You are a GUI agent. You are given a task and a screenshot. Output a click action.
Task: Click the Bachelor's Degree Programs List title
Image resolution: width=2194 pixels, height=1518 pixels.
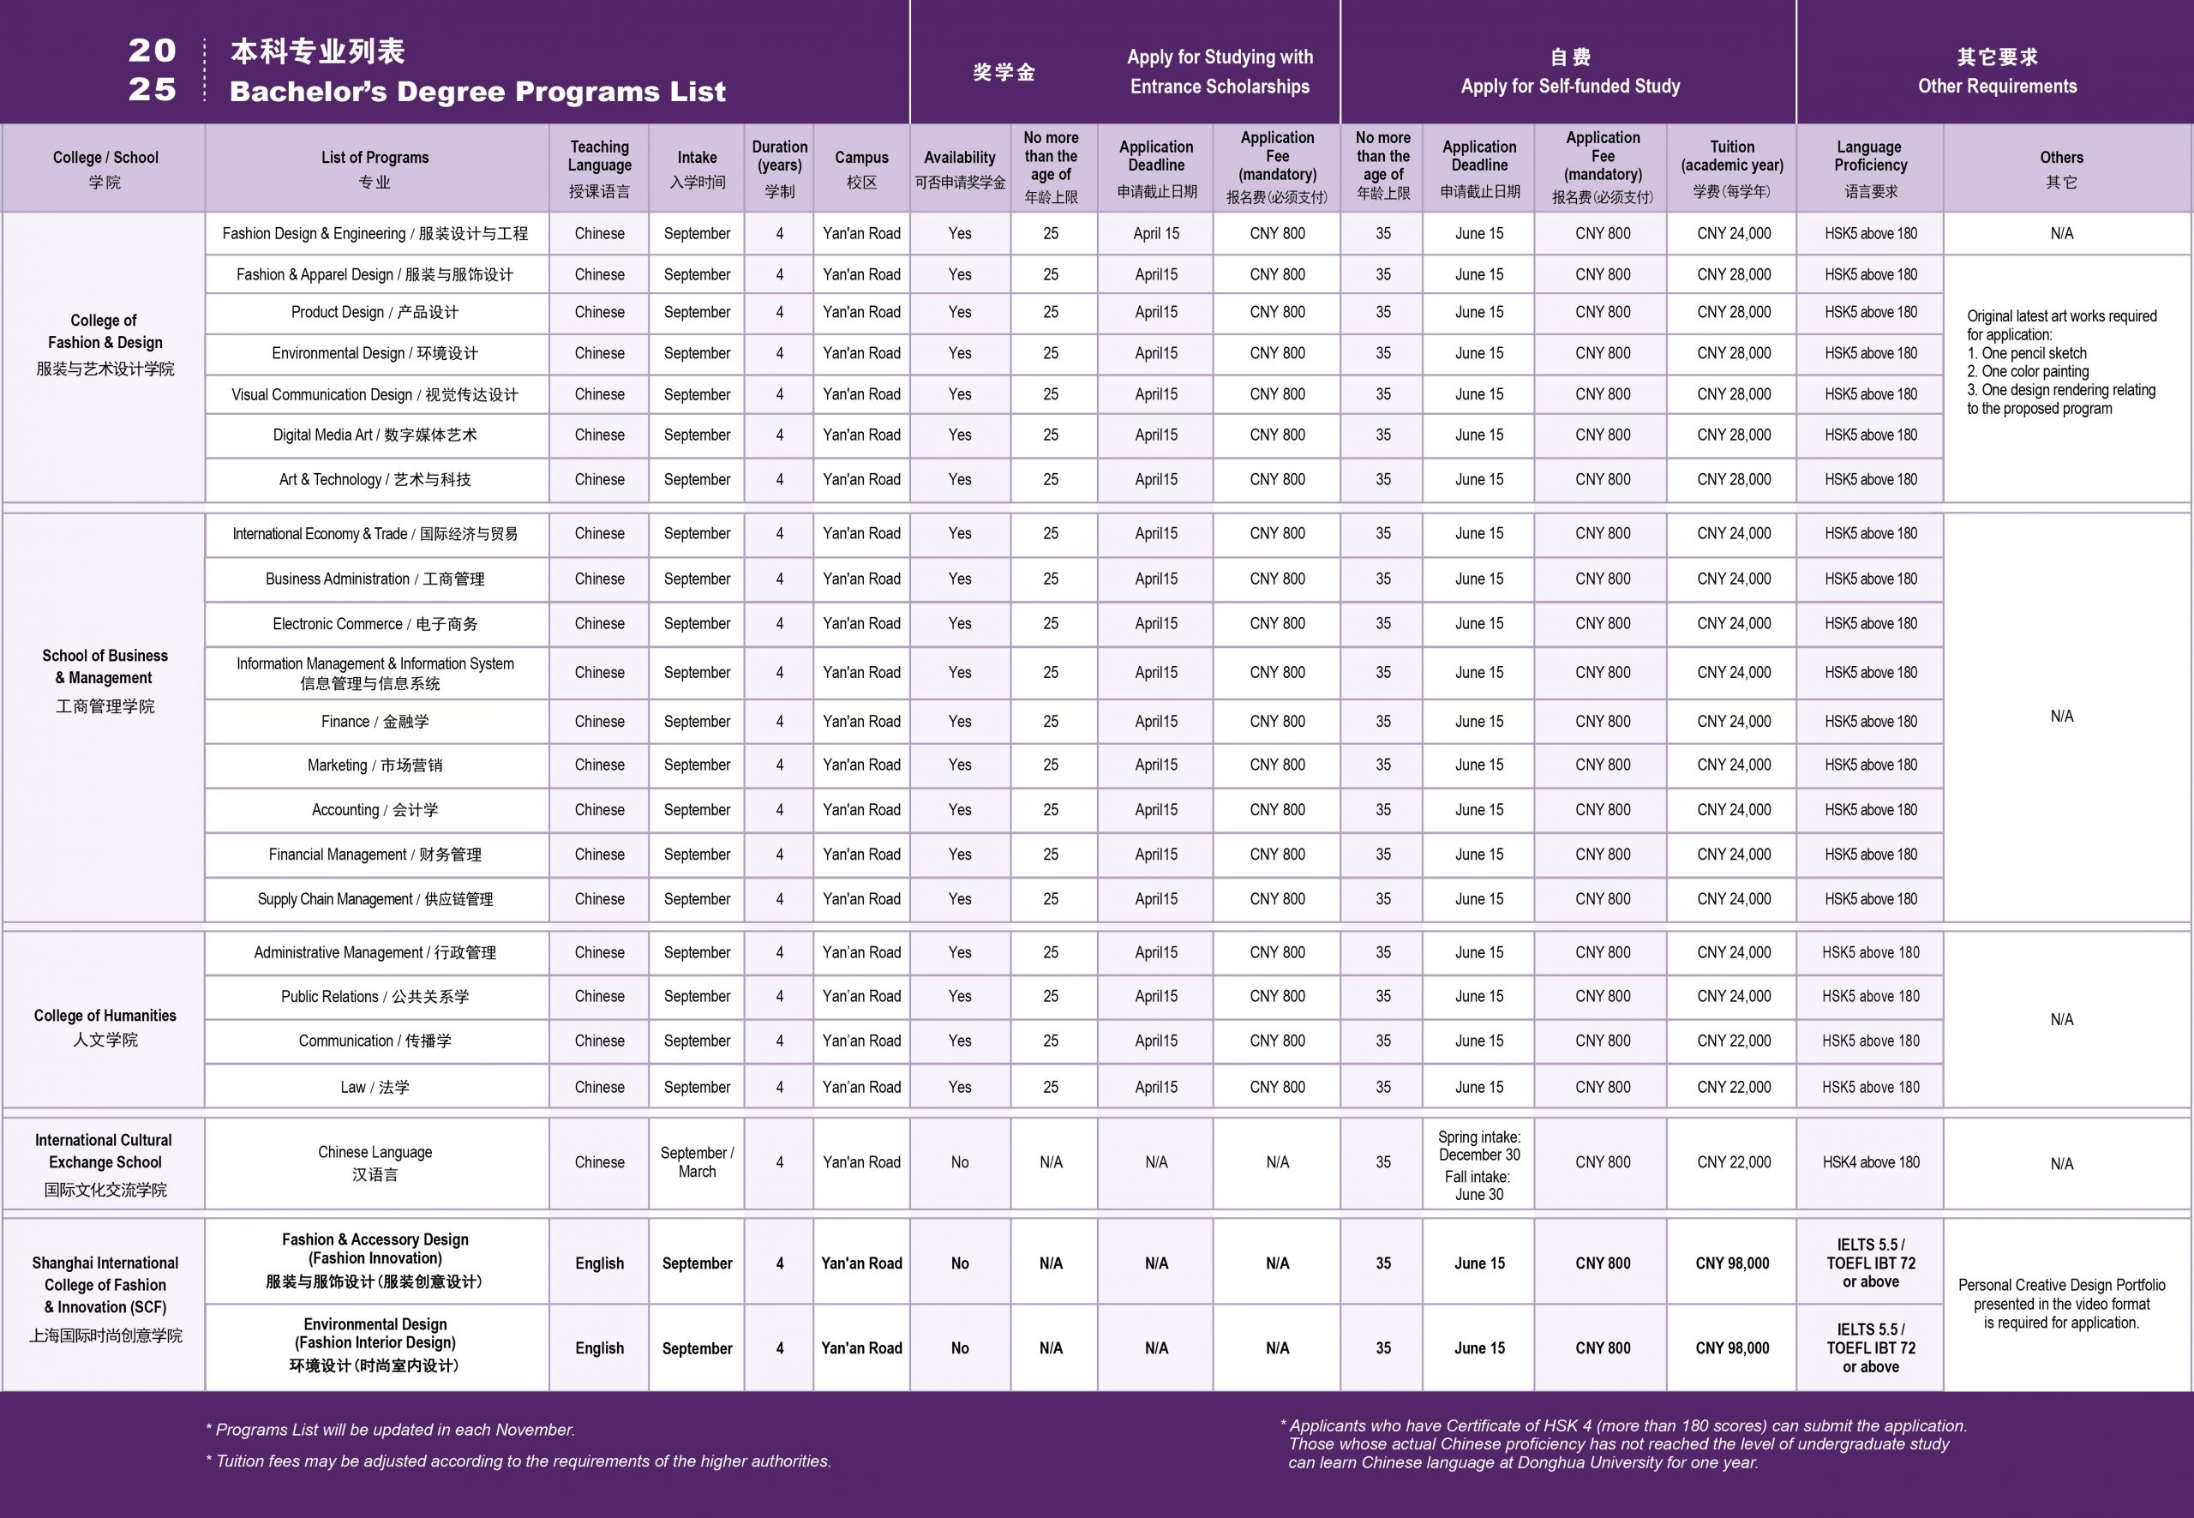477,92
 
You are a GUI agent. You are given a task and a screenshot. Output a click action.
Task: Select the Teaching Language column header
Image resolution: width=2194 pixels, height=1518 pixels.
599,167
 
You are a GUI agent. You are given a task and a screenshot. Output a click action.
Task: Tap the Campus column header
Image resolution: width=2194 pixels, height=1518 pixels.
861,167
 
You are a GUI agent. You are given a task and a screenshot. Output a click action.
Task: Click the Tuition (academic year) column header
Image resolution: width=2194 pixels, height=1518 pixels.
1732,167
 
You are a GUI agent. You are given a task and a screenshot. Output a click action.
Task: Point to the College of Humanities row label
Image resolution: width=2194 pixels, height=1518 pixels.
105,1026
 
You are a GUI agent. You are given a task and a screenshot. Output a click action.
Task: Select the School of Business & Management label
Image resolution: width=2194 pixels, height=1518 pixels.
105,678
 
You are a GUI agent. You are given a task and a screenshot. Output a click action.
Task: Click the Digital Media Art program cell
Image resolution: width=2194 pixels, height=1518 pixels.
375,435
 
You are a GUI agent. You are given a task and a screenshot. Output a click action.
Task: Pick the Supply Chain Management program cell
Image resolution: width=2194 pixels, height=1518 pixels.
375,899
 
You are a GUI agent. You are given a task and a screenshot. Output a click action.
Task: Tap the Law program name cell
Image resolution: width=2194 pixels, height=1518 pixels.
375,1087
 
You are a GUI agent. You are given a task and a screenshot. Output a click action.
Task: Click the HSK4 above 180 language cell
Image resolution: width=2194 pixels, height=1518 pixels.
1871,1162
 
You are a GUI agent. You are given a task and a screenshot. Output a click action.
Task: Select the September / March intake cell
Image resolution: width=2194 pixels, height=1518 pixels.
697,1162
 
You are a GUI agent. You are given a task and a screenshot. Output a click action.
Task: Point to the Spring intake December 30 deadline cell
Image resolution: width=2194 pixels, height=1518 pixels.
1479,1146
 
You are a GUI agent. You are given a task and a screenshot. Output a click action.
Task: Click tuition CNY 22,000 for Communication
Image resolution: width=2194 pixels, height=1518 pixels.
1734,1041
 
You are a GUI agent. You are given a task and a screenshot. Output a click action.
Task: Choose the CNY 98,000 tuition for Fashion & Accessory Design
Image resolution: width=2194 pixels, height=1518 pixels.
1732,1263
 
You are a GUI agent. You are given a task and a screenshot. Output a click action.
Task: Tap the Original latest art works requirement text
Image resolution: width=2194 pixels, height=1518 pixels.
2061,362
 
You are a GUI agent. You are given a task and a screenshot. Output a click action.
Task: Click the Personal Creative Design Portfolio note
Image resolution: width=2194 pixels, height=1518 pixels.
2061,1303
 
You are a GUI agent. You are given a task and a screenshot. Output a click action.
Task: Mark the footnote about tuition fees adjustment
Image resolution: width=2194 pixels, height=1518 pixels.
519,1461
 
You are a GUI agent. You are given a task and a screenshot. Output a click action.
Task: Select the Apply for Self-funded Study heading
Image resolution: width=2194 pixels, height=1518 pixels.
1570,86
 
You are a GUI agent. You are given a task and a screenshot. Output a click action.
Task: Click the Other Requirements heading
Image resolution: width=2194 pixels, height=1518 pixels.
1996,86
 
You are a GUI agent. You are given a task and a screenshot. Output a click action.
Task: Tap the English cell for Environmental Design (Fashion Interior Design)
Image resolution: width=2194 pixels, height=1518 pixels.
599,1347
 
